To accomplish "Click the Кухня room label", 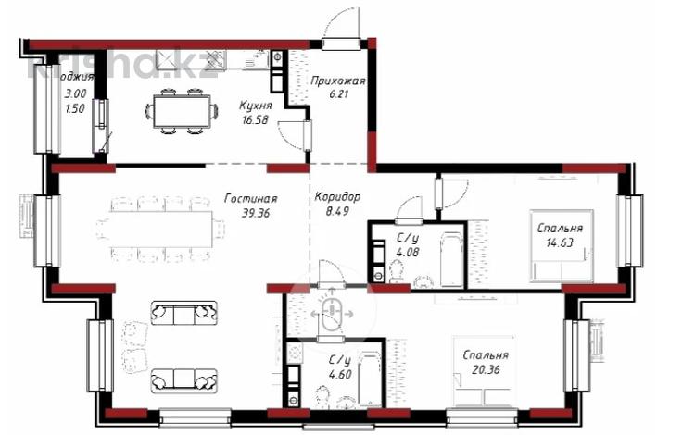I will tap(255, 106).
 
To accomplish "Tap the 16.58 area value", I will tap(255, 120).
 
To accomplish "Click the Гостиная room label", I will tap(251, 197).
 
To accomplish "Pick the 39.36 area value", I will tap(251, 212).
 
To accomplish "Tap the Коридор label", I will tap(337, 197).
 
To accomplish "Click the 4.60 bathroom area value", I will tap(340, 376).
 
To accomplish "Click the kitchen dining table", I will tap(182, 111).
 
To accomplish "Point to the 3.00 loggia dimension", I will tap(75, 93).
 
